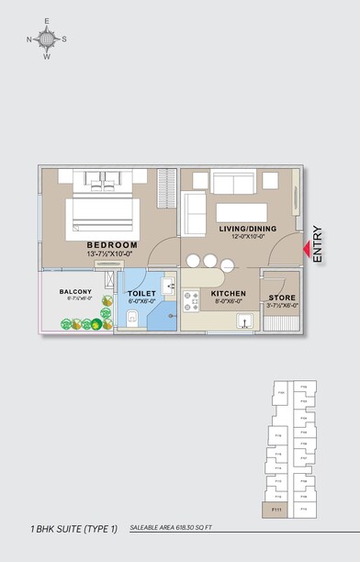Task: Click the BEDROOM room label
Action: click(x=111, y=245)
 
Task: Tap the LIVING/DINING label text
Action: click(x=243, y=228)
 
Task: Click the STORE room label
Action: click(x=281, y=298)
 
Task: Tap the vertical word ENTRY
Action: click(x=318, y=245)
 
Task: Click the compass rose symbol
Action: click(x=47, y=39)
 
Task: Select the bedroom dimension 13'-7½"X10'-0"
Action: click(x=111, y=254)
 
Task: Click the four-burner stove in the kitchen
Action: click(x=192, y=300)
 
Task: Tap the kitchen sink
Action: click(x=244, y=320)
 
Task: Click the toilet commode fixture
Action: click(x=132, y=318)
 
